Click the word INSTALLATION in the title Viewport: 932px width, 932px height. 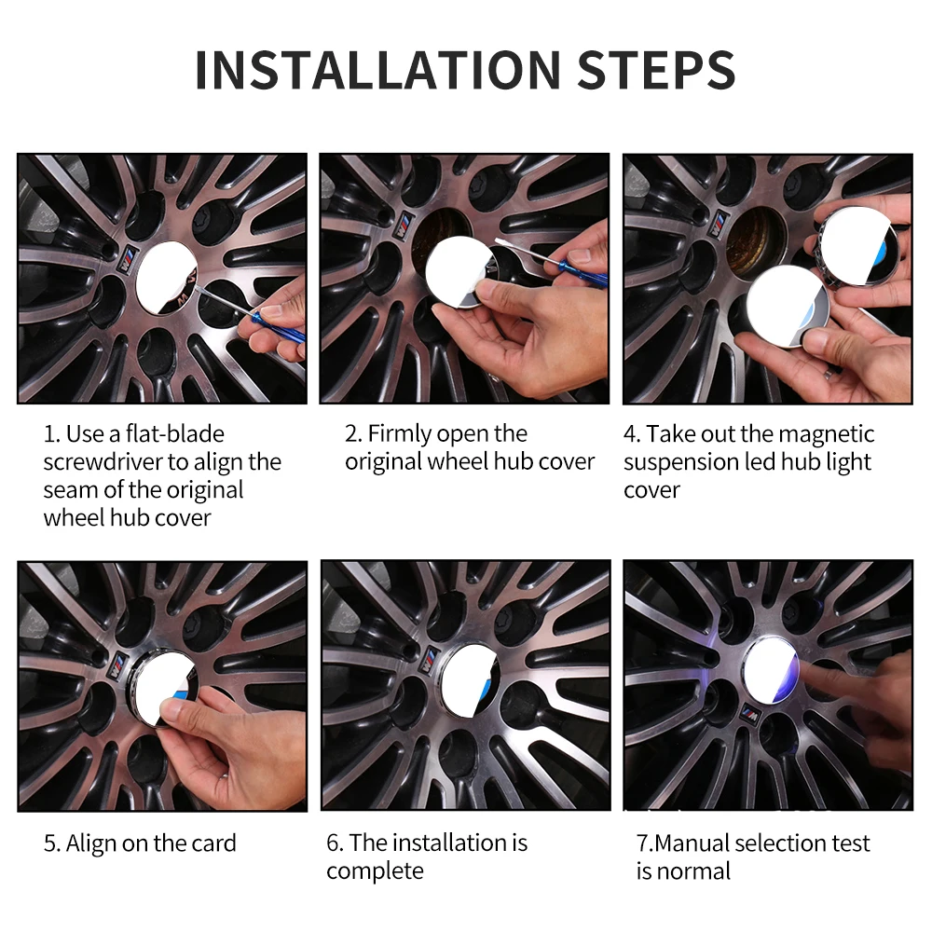[377, 70]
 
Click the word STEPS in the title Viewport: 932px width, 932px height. [656, 70]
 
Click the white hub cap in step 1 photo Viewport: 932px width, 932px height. [167, 278]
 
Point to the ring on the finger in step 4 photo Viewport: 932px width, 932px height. [828, 373]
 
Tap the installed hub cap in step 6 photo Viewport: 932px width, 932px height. [470, 679]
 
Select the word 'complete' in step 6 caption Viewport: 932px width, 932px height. [375, 872]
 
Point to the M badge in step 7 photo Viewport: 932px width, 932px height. [750, 713]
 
